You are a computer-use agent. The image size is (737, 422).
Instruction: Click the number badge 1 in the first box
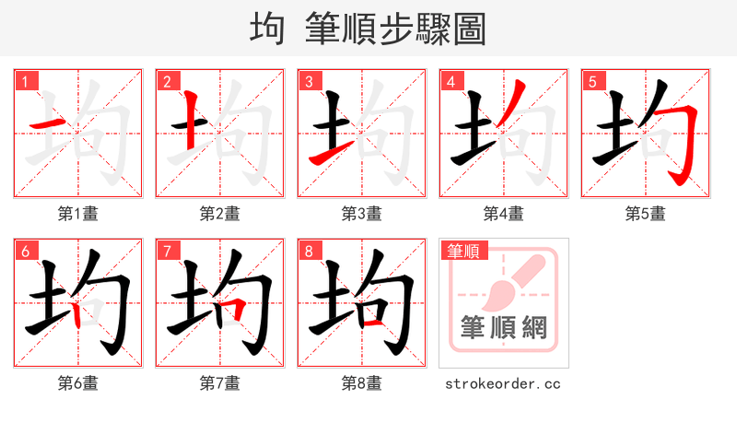pos(25,82)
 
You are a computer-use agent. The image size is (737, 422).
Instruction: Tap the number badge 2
pos(167,82)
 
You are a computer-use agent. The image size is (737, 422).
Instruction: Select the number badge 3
pos(309,82)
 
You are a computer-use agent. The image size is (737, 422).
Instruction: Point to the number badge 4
pos(450,82)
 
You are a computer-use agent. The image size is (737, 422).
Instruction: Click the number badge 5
pos(592,82)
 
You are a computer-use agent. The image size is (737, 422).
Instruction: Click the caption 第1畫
pos(78,214)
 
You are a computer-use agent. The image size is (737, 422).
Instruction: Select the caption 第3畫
pos(362,214)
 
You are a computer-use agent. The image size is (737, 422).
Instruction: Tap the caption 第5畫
pos(646,214)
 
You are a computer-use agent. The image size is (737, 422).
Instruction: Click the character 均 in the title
pos(267,28)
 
